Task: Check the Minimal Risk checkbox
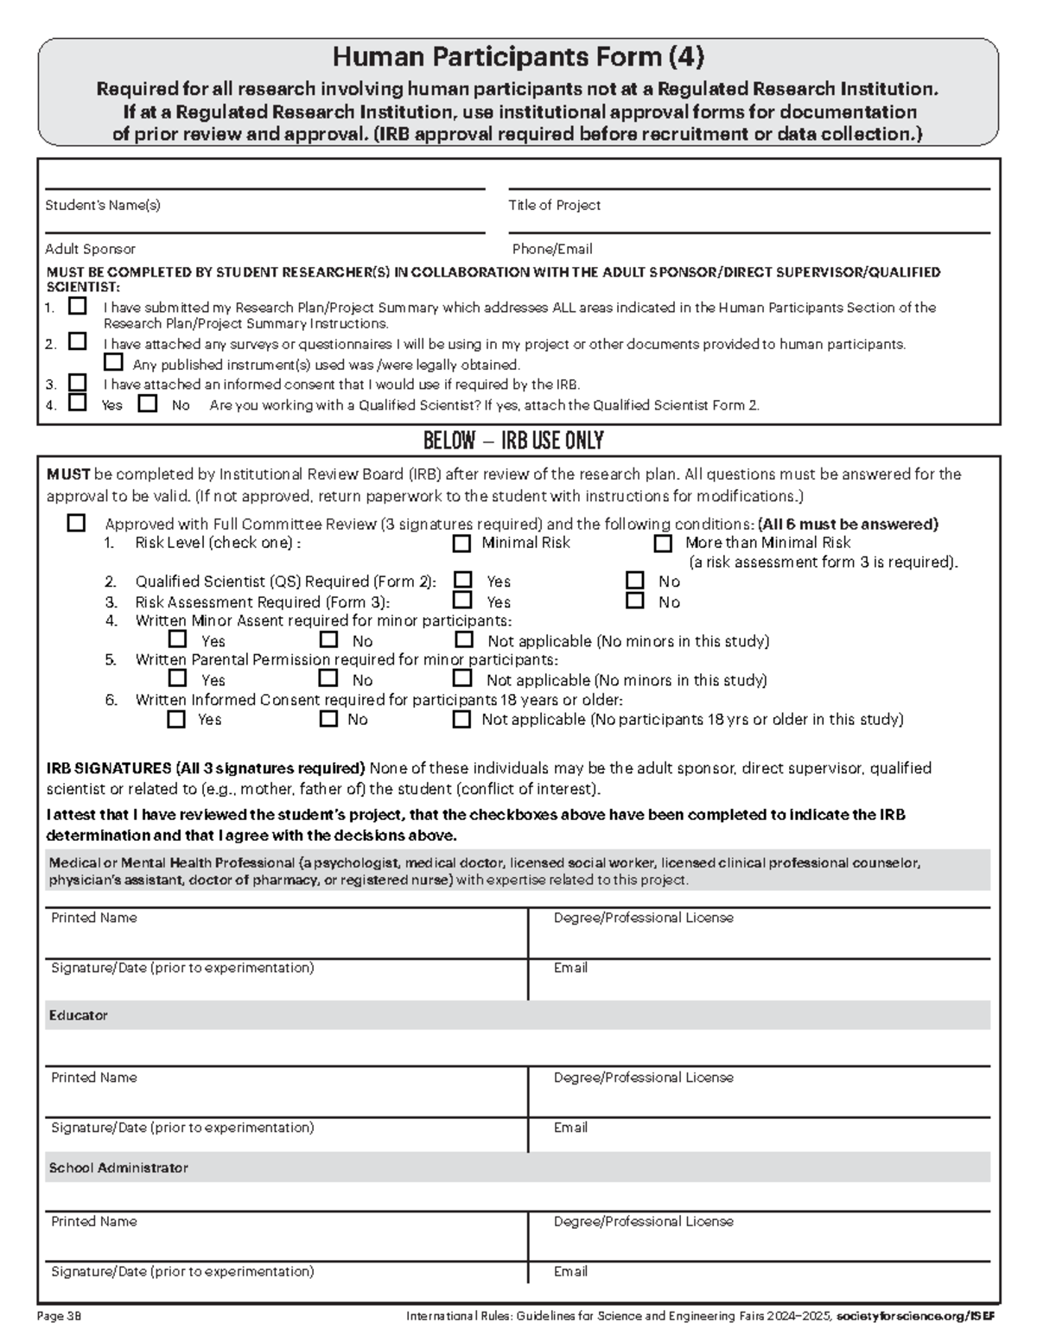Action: pos(461,544)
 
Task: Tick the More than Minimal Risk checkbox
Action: pos(663,544)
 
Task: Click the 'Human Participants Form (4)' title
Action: pos(518,57)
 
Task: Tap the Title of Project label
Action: pos(554,206)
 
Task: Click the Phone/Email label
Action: pos(551,249)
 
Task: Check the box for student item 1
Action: pos(78,306)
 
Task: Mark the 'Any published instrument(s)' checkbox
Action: pos(112,363)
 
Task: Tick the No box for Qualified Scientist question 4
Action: pos(149,403)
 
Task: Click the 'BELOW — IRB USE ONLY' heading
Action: pos(513,441)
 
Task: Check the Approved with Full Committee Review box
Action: pos(77,523)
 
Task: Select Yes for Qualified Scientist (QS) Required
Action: pos(463,580)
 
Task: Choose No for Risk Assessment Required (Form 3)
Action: pos(635,601)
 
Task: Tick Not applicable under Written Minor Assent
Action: pos(464,639)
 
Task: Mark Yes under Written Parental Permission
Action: pos(177,678)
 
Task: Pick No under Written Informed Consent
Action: pos(328,718)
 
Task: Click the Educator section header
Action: pos(78,1015)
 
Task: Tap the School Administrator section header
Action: pos(118,1167)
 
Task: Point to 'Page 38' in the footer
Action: pos(59,1316)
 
